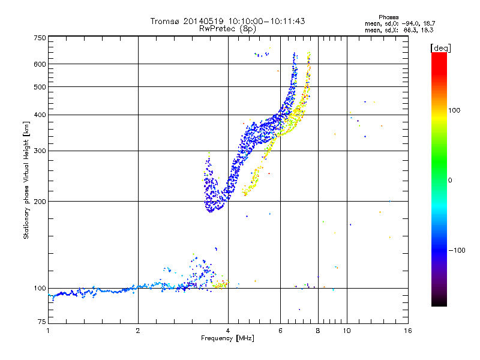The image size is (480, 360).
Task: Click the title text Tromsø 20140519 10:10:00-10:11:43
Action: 228,21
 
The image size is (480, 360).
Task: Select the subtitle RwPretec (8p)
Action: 228,28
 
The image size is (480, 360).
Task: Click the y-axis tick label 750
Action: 40,38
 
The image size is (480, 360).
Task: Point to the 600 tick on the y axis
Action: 40,64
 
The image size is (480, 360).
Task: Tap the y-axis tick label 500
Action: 40,87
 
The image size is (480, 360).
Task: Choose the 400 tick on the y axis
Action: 40,115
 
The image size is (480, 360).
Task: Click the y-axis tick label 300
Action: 40,151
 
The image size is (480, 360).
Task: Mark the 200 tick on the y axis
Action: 40,201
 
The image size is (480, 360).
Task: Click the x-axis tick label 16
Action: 407,331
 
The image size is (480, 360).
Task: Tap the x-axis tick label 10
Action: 346,331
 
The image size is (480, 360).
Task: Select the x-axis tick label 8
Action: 318,331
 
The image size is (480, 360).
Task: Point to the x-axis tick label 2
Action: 138,331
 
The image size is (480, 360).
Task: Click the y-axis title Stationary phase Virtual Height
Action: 26,180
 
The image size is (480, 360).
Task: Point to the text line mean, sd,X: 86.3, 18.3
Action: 400,29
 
